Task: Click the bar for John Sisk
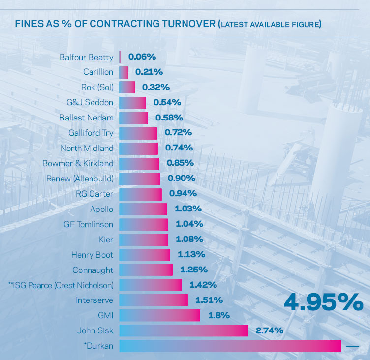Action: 184,330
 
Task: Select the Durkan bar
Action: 230,346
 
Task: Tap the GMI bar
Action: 159,315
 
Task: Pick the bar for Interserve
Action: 154,300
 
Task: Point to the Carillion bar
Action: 123,72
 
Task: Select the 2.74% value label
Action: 270,330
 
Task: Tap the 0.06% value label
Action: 142,57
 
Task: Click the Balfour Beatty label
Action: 86,57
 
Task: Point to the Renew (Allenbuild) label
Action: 80,179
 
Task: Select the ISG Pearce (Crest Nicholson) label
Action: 61,285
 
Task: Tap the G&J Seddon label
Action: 90,103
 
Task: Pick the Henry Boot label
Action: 92,255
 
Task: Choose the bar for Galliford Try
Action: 138,133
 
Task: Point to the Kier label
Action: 106,240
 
